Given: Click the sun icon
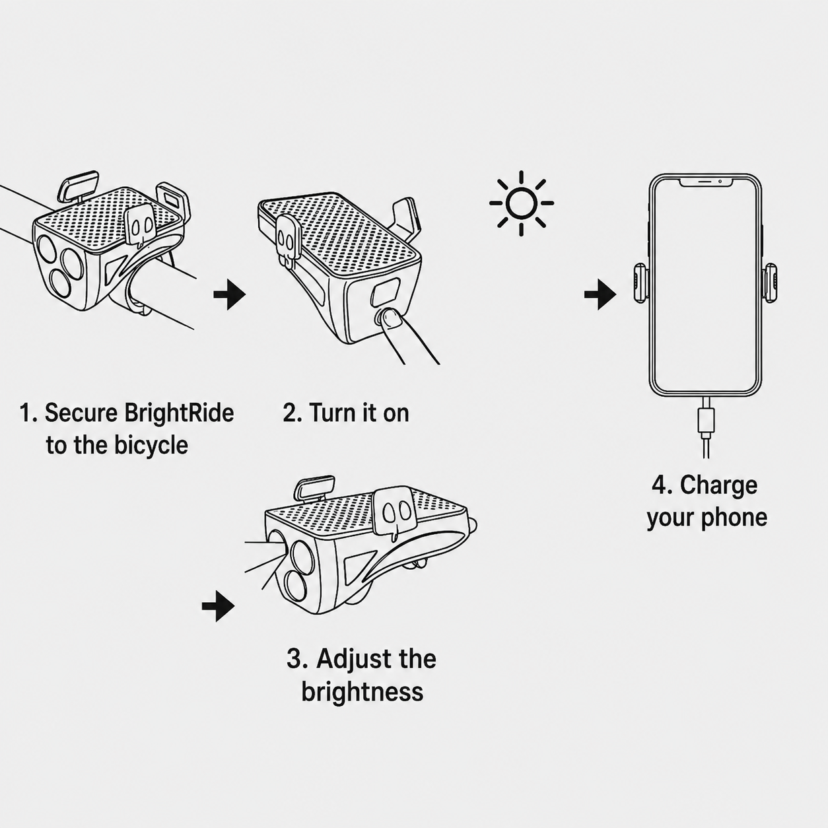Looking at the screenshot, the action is [x=521, y=203].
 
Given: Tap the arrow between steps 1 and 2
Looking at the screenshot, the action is [x=230, y=294].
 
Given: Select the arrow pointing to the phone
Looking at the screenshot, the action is [x=600, y=294].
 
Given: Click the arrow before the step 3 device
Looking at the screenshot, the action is [x=219, y=606].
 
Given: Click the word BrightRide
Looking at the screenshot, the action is [x=179, y=413].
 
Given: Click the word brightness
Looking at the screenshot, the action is [x=362, y=692].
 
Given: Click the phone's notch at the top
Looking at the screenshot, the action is [x=706, y=182].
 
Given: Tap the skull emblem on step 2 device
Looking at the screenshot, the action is [x=286, y=239].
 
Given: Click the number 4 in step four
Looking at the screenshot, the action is [x=658, y=485].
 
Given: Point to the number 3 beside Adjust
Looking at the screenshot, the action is [x=294, y=659].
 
